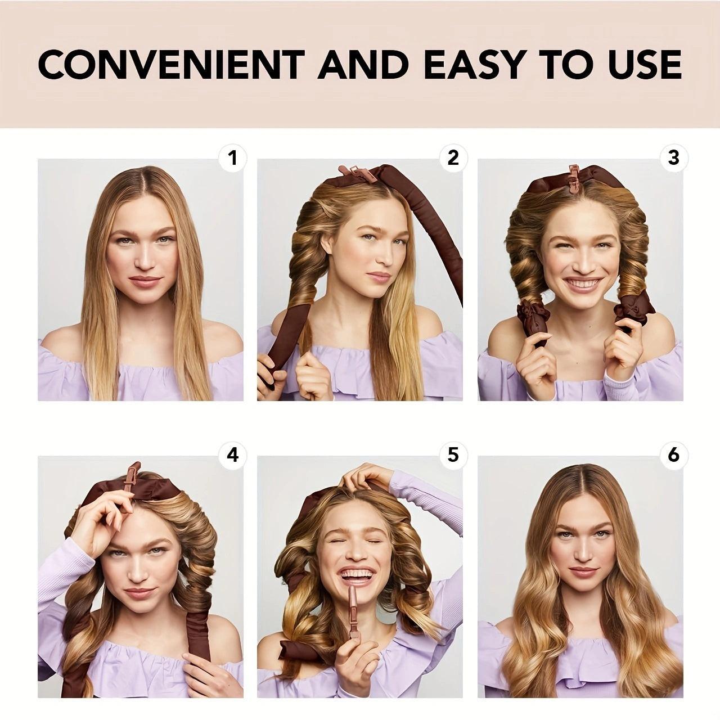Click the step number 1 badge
tap(232, 159)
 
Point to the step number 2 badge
tap(453, 159)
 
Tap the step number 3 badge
tap(673, 159)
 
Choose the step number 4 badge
tap(232, 454)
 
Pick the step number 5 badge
tap(453, 454)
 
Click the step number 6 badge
tap(673, 454)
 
